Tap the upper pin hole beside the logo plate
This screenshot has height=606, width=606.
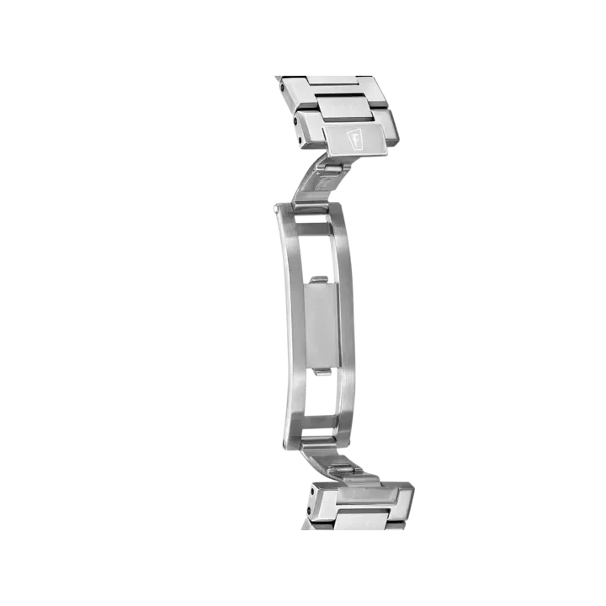296,121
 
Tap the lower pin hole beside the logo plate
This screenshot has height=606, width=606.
300,140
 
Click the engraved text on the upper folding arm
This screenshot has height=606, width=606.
325,184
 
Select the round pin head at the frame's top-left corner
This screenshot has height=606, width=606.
275,210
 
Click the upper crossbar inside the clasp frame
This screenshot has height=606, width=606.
314,229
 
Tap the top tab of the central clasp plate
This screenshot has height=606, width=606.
319,279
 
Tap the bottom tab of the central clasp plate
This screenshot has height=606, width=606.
322,372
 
